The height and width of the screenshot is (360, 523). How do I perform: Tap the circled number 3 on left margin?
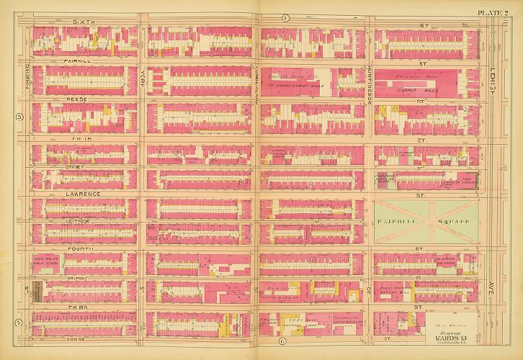click(20, 117)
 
